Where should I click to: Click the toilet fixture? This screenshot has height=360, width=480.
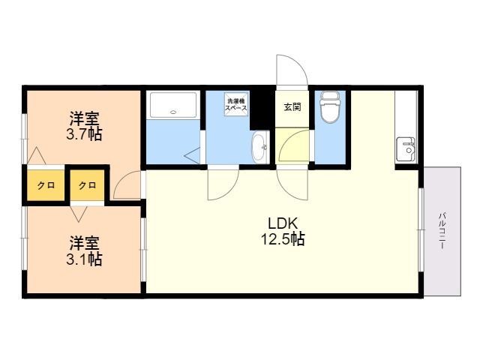click(329, 107)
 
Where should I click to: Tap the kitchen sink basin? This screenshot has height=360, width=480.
click(406, 150)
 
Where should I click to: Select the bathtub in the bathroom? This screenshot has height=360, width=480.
click(173, 105)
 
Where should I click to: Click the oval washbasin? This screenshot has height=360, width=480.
click(259, 147)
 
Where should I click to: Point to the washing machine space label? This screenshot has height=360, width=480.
click(236, 104)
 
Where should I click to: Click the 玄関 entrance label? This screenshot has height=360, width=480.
click(292, 107)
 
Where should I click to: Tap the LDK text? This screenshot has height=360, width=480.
click(283, 223)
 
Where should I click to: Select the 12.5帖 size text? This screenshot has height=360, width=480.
click(283, 238)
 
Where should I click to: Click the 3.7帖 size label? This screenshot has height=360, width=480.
click(84, 135)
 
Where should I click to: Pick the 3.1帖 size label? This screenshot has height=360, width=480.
click(84, 260)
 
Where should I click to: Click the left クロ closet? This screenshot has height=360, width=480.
click(46, 185)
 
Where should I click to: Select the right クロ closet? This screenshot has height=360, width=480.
click(88, 185)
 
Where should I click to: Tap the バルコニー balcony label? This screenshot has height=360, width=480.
click(442, 230)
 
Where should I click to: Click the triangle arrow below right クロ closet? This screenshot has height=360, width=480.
click(78, 214)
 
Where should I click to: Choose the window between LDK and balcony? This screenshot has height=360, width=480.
click(421, 230)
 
